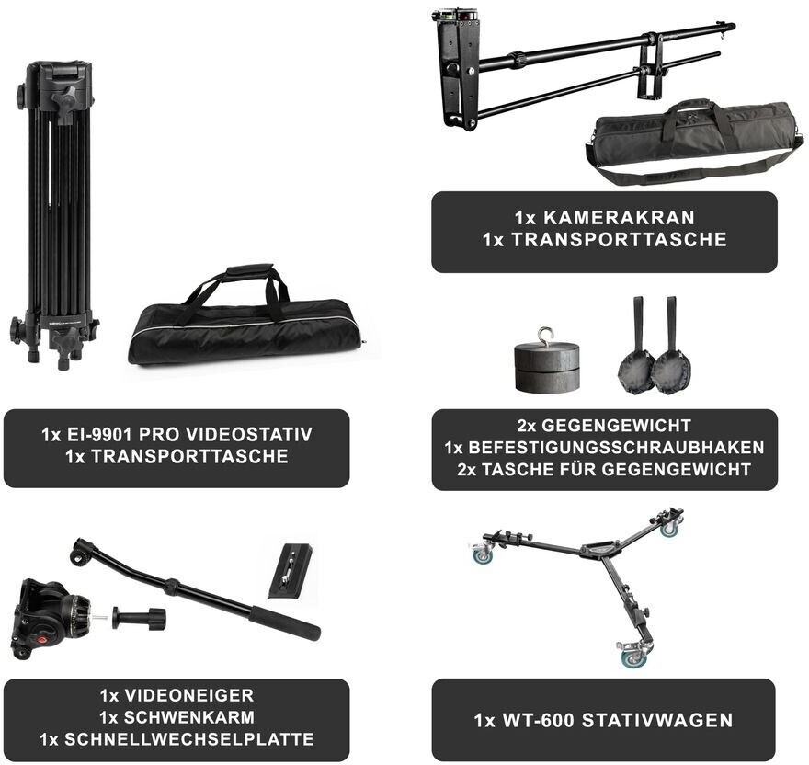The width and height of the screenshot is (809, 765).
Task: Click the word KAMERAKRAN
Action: (x=619, y=217)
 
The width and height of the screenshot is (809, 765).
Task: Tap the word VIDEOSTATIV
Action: (x=248, y=435)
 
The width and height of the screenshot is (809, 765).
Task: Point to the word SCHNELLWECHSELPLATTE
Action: (x=188, y=739)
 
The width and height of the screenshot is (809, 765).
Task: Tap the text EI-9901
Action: (x=100, y=435)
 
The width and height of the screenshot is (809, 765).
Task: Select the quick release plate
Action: (x=290, y=570)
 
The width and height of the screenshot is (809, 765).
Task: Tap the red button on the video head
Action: (x=40, y=640)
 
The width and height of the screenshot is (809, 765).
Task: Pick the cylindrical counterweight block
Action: (x=545, y=368)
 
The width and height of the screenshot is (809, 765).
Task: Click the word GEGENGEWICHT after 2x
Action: (x=616, y=426)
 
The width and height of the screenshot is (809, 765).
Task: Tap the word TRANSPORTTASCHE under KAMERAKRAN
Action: (x=619, y=239)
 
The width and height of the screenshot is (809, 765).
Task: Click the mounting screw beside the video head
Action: (x=140, y=619)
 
